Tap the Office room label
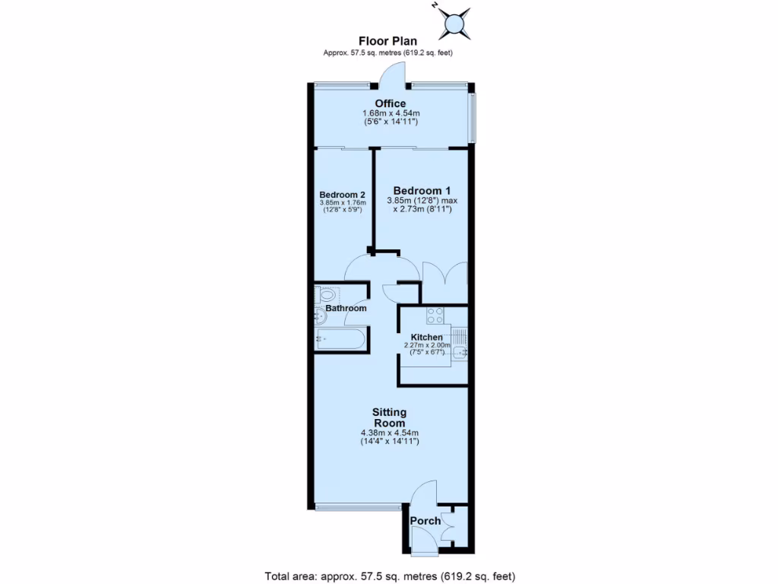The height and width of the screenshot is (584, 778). pyautogui.click(x=390, y=103)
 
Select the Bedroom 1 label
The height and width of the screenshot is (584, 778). pyautogui.click(x=422, y=190)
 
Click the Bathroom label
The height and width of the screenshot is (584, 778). pyautogui.click(x=346, y=308)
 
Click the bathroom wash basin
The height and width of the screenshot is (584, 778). pyautogui.click(x=320, y=315)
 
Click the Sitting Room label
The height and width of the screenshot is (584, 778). pyautogui.click(x=389, y=417)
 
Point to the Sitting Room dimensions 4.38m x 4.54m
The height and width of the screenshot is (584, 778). pyautogui.click(x=389, y=436)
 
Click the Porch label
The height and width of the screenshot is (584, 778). pyautogui.click(x=425, y=521)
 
